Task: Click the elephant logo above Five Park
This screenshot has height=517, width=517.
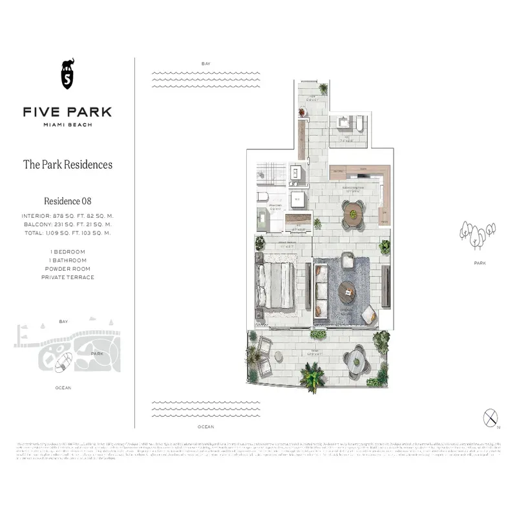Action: (67, 75)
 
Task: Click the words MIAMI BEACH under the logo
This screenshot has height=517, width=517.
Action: (67, 125)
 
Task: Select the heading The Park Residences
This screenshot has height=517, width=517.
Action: (67, 164)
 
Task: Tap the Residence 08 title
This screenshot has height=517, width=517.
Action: (67, 201)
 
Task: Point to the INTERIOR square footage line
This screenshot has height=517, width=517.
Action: (67, 215)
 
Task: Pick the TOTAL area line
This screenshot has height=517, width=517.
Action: (67, 233)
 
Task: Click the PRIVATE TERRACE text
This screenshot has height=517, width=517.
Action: (67, 277)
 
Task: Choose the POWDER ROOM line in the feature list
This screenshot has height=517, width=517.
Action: (67, 268)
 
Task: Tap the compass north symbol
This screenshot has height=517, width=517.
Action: (490, 417)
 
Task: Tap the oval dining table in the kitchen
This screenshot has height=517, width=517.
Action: (353, 211)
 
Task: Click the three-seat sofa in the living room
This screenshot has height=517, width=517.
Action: (321, 291)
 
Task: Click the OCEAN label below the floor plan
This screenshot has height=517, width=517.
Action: (206, 427)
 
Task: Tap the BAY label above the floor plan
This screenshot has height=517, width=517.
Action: (206, 63)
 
